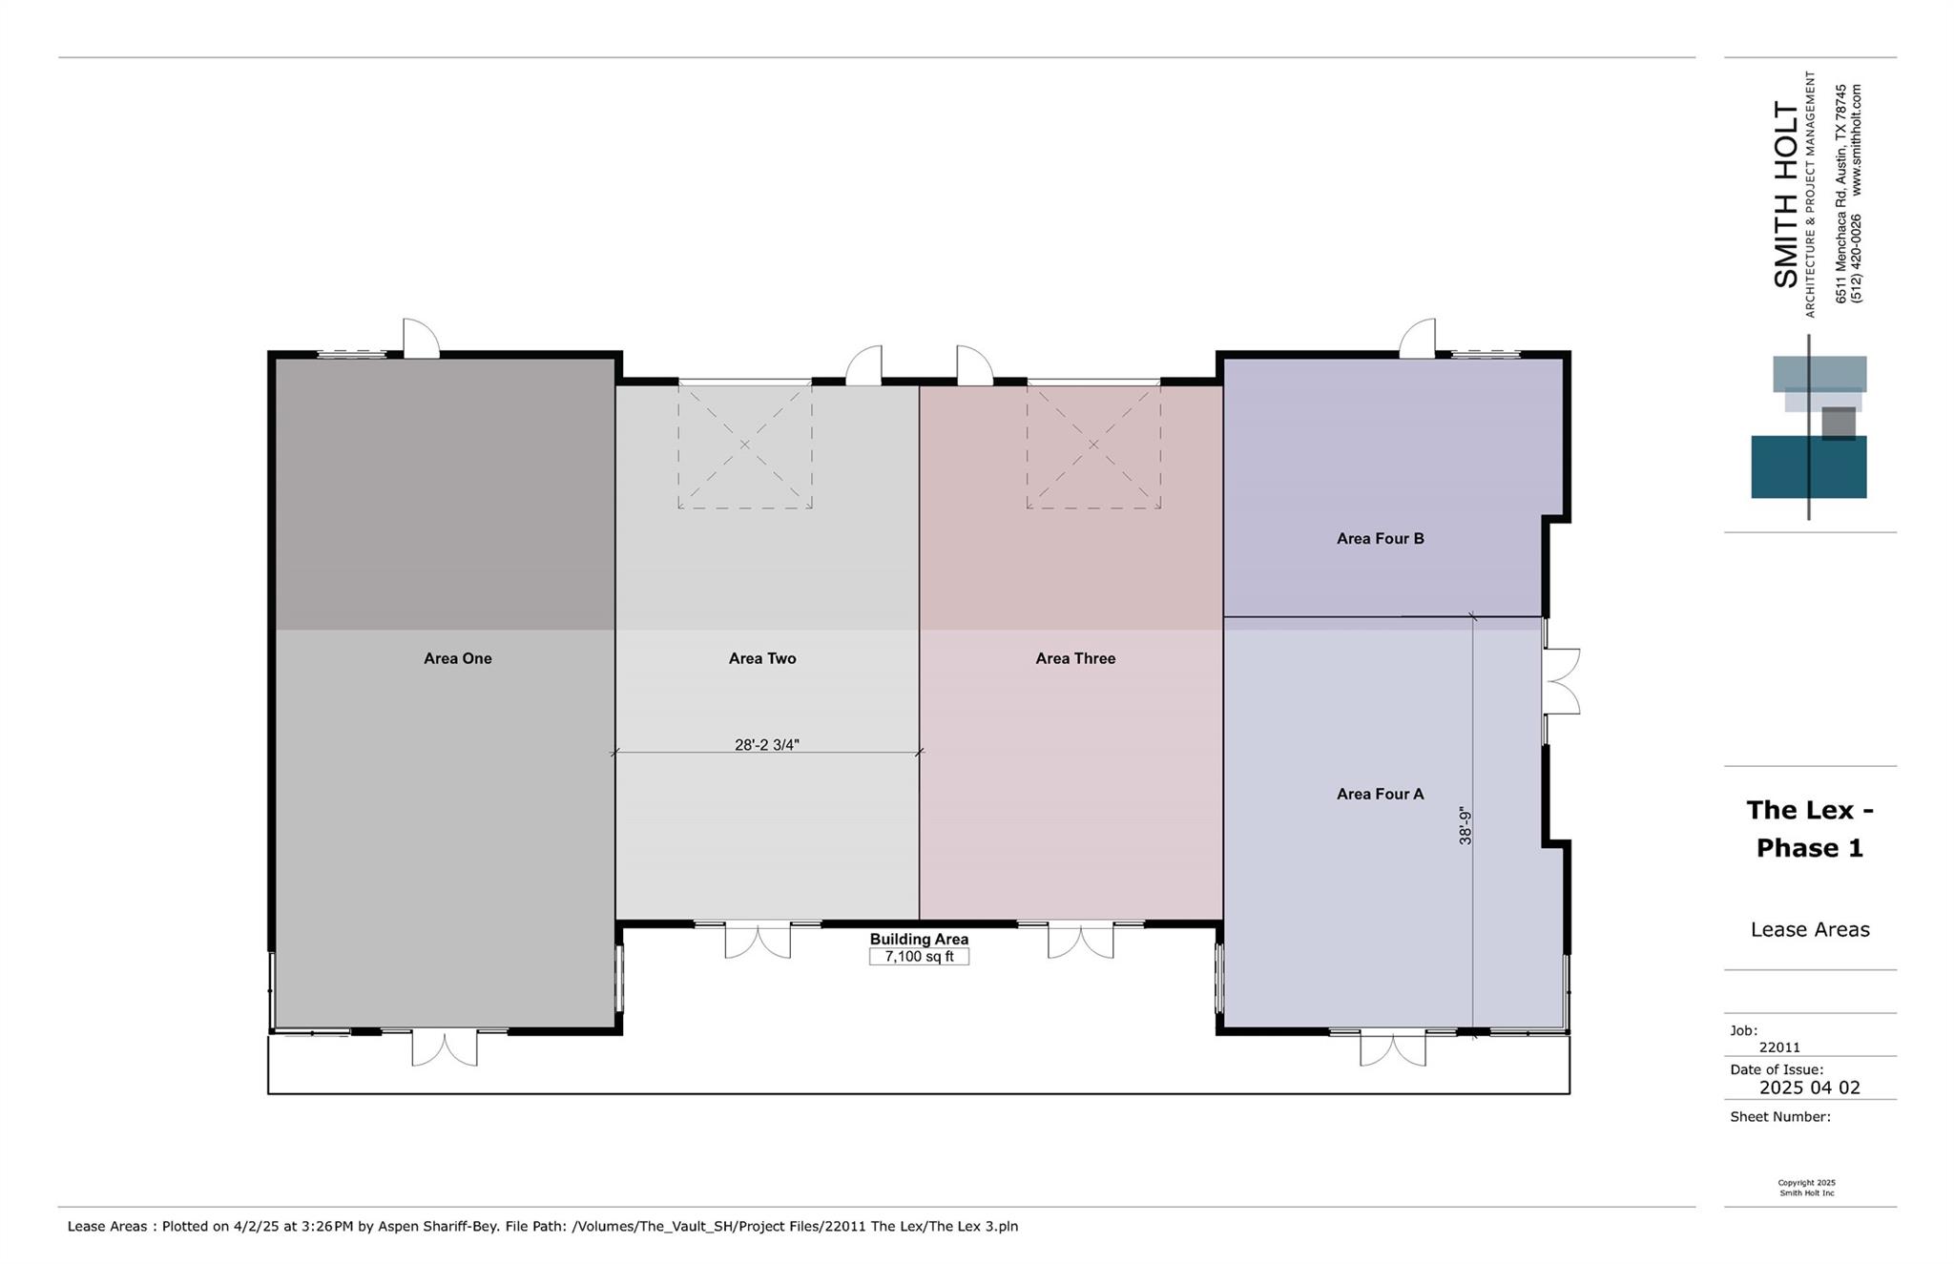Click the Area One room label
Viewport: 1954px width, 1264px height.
click(x=458, y=658)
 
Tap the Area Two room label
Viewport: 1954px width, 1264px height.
click(x=762, y=658)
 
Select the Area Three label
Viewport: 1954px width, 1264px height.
click(x=1075, y=658)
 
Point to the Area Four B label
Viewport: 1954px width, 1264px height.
click(x=1381, y=538)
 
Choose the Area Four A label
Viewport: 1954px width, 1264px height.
click(x=1381, y=794)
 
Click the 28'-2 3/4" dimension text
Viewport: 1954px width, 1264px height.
click(x=767, y=745)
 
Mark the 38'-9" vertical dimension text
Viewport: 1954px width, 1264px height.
click(x=1465, y=826)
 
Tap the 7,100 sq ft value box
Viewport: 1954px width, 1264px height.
click(x=919, y=956)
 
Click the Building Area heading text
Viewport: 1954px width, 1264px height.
click(x=919, y=940)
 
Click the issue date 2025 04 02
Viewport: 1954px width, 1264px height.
click(x=1809, y=1088)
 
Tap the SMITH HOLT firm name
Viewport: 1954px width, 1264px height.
click(x=1785, y=194)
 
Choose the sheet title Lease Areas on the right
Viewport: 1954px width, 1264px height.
click(x=1810, y=929)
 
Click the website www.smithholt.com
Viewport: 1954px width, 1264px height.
click(x=1856, y=140)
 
